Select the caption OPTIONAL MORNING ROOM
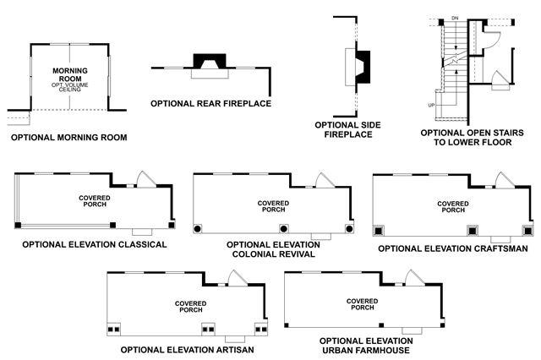(69, 135)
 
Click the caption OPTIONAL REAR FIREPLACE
(211, 103)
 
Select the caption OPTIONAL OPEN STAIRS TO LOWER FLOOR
(472, 139)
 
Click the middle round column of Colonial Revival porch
(283, 229)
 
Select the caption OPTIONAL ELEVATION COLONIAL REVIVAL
(270, 249)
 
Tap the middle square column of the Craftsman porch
(473, 229)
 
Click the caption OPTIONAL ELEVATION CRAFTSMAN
(452, 248)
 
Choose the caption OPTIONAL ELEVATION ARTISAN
(187, 348)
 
